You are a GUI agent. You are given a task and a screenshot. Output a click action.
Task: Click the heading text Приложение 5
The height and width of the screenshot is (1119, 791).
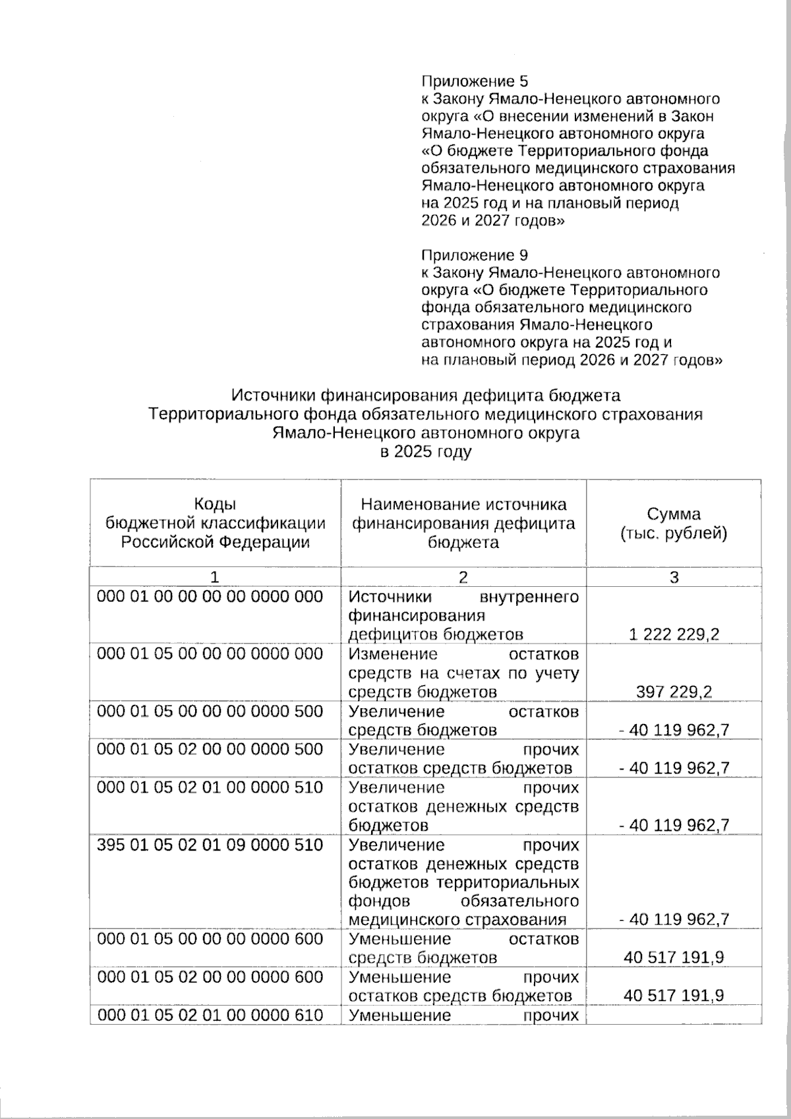click(x=475, y=81)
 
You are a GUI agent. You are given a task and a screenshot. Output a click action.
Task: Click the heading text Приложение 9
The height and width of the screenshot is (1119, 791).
click(x=475, y=255)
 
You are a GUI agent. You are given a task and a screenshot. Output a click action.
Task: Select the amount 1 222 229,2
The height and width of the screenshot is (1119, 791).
click(x=674, y=634)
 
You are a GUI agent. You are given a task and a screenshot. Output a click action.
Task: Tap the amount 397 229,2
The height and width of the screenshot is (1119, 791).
click(x=674, y=692)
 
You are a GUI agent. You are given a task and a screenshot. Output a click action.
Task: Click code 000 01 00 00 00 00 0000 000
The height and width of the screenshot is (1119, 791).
click(x=210, y=597)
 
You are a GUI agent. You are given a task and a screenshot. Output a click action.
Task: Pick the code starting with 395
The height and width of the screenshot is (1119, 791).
click(x=210, y=845)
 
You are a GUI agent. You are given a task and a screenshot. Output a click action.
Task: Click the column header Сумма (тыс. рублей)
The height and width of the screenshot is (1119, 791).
click(x=674, y=523)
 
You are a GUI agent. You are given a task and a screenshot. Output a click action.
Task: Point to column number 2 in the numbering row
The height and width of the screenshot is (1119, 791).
click(x=463, y=577)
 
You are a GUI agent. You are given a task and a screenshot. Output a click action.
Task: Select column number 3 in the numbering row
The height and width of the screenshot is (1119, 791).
click(x=674, y=577)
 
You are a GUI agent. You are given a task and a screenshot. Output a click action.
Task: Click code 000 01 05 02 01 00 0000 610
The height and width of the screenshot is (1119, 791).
click(x=210, y=1015)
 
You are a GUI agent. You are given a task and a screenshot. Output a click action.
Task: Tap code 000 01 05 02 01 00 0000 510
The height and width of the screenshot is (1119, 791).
click(x=210, y=787)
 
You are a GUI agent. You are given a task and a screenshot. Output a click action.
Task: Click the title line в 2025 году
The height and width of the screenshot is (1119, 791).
click(x=425, y=452)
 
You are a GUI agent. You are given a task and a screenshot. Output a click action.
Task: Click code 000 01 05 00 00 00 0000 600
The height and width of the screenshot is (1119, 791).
click(x=210, y=938)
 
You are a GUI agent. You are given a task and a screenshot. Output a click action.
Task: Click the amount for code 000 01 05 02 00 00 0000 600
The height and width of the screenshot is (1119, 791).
click(x=674, y=995)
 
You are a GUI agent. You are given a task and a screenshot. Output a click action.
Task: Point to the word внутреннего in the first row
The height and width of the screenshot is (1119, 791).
click(x=530, y=597)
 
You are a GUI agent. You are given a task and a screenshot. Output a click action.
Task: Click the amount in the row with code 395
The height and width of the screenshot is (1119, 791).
click(x=674, y=919)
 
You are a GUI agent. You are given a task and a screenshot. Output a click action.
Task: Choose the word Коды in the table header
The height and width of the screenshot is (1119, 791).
click(x=215, y=504)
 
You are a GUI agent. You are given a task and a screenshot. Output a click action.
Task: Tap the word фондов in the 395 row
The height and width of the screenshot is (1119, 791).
click(x=379, y=901)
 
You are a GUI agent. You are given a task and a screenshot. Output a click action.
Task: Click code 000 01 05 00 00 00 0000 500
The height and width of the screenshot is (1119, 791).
click(x=210, y=711)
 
